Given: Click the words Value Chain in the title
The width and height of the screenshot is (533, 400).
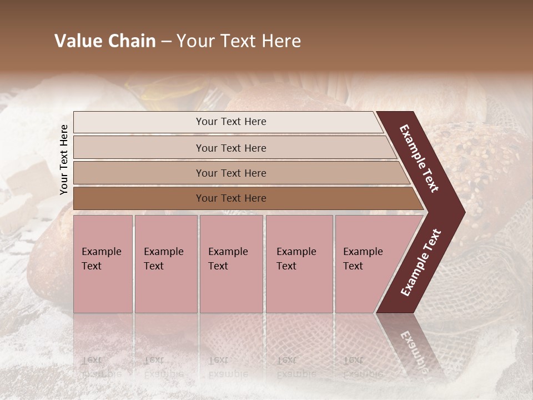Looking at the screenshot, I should click(x=105, y=41).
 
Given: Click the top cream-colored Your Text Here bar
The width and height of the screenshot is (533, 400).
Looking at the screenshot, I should click(x=230, y=122).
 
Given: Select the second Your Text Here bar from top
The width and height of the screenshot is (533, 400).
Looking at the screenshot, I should click(x=230, y=148).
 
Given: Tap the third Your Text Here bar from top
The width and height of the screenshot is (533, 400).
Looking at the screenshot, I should click(x=230, y=173).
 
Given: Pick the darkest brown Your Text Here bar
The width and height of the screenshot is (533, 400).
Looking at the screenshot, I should click(x=230, y=198).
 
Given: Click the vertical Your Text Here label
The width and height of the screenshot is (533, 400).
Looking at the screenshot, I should click(x=64, y=159).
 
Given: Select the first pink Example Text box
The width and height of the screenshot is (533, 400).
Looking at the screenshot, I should click(x=103, y=264).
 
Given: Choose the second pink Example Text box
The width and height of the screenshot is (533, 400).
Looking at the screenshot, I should click(x=165, y=264).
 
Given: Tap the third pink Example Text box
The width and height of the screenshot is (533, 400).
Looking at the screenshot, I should click(x=230, y=264).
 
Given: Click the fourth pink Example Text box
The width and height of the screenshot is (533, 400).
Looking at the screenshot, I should click(x=299, y=264).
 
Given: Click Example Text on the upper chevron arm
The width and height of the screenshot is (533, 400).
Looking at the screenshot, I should click(x=419, y=159).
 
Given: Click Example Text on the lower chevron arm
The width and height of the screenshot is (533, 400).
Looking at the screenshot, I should click(x=421, y=262).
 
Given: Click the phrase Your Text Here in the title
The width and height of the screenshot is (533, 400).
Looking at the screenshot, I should click(x=239, y=41).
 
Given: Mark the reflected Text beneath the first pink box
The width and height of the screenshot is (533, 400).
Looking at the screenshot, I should click(x=92, y=360).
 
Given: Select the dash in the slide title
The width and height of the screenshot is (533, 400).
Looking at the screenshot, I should click(x=166, y=42).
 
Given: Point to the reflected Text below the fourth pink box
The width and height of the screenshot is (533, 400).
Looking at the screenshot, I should click(x=286, y=360).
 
